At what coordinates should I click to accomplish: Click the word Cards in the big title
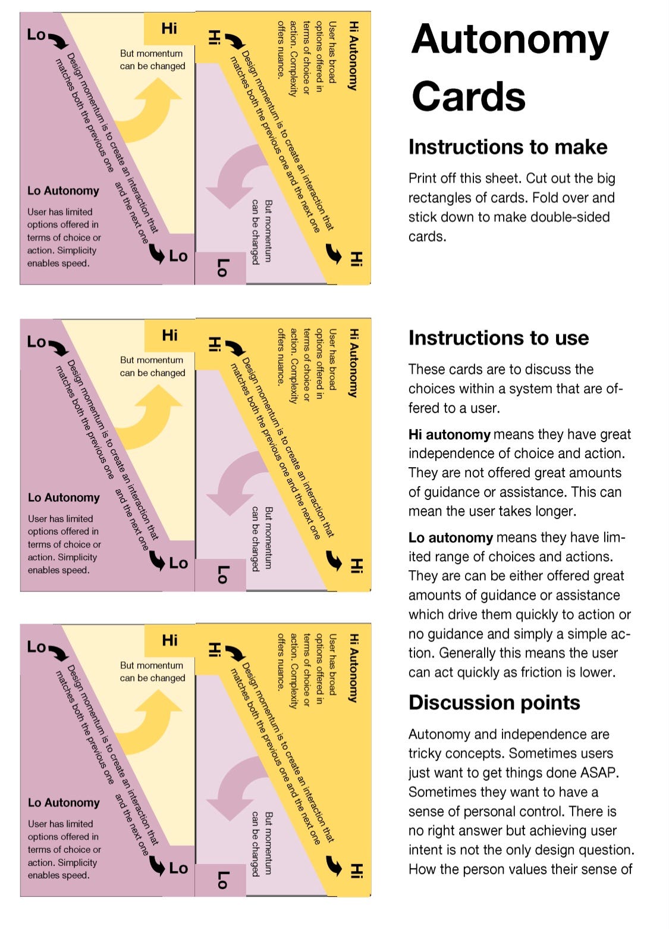[x=469, y=96]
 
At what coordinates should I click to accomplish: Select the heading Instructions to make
[x=507, y=147]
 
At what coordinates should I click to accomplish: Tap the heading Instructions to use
[x=498, y=338]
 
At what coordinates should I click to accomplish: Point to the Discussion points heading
[x=494, y=703]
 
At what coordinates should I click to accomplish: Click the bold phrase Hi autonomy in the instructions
[x=449, y=434]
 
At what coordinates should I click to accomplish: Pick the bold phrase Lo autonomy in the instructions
[x=450, y=538]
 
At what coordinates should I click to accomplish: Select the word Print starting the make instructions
[x=423, y=179]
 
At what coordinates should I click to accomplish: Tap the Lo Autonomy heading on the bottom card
[x=64, y=803]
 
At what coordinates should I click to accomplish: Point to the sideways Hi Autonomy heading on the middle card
[x=353, y=362]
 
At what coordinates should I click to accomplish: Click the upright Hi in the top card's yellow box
[x=169, y=28]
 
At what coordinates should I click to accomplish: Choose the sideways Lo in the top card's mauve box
[x=221, y=268]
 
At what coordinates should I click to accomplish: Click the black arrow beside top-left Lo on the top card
[x=58, y=40]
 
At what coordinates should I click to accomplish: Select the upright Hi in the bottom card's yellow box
[x=169, y=640]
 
